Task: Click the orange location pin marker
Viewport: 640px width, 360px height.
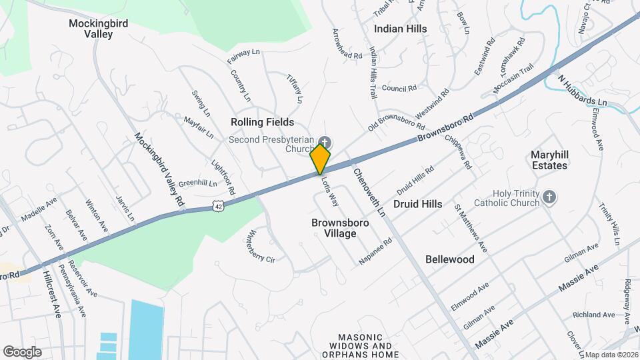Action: pos(321,159)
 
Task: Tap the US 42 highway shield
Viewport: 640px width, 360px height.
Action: pos(219,207)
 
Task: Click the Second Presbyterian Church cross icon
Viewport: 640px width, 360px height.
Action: pos(325,141)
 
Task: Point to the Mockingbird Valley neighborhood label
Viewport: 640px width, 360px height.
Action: pos(98,29)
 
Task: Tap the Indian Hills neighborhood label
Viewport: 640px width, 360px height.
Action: pos(400,29)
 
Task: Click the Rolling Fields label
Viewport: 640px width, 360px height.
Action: pos(262,122)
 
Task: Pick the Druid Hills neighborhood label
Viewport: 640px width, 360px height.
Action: pos(417,204)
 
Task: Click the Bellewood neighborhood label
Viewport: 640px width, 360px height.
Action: pos(450,259)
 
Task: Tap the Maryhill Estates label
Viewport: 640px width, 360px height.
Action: pos(549,160)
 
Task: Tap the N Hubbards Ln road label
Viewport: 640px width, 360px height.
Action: pos(583,92)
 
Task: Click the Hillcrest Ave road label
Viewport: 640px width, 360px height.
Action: pos(52,293)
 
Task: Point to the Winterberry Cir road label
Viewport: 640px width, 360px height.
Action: pos(261,246)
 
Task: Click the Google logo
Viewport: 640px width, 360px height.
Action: pos(22,351)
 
